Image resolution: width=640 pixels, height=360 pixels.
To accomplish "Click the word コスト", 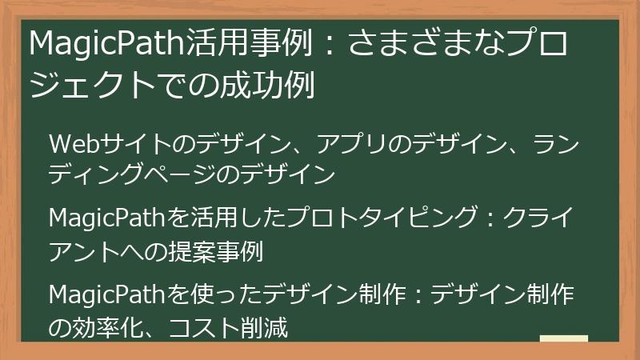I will [213, 327].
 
